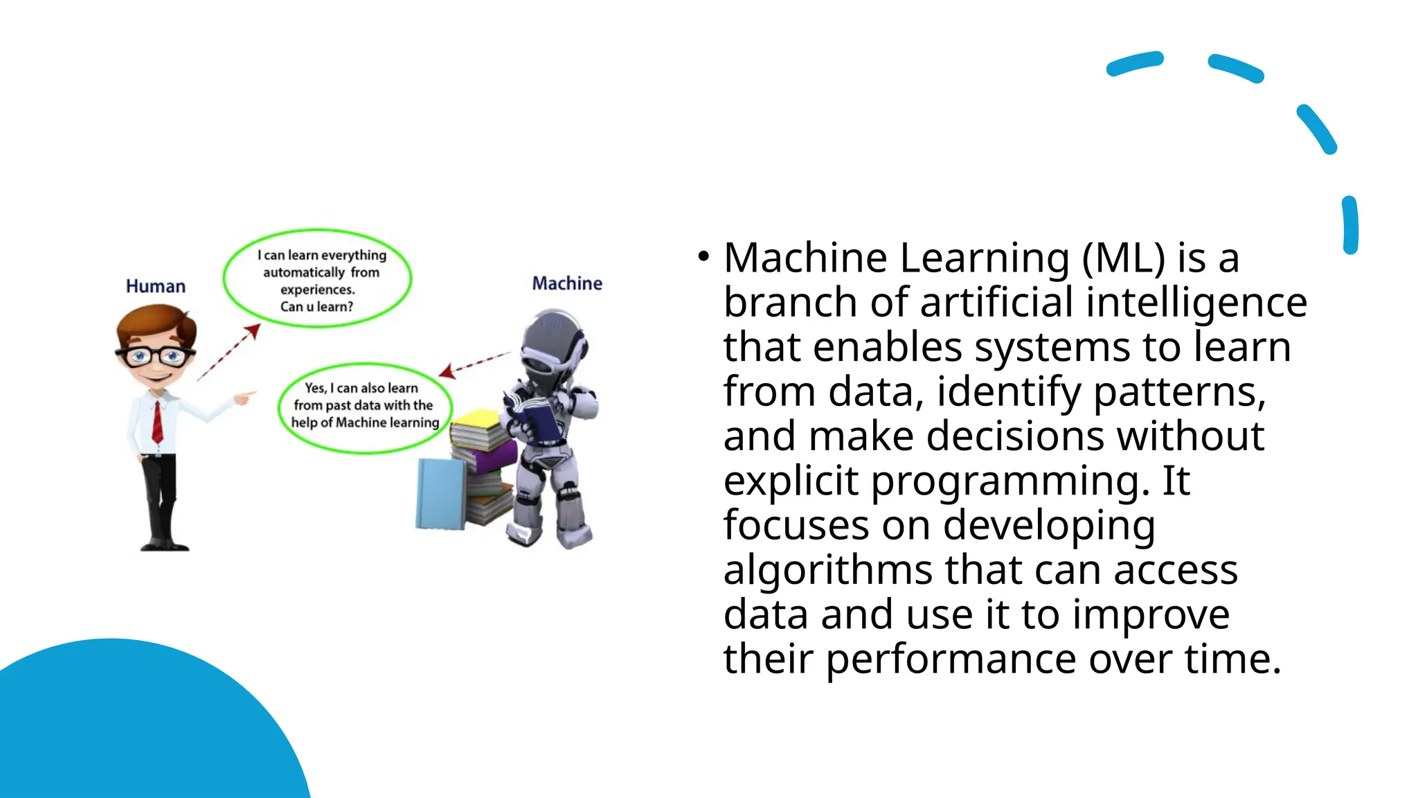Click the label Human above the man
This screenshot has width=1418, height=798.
[156, 286]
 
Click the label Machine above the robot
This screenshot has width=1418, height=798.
[567, 283]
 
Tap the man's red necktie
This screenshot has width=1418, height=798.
[157, 421]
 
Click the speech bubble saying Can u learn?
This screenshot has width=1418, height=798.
[318, 278]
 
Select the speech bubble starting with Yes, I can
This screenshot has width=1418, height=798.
[364, 407]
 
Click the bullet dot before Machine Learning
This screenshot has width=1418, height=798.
[703, 257]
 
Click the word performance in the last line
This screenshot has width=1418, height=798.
[951, 659]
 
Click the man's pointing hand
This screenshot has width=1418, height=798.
[244, 398]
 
